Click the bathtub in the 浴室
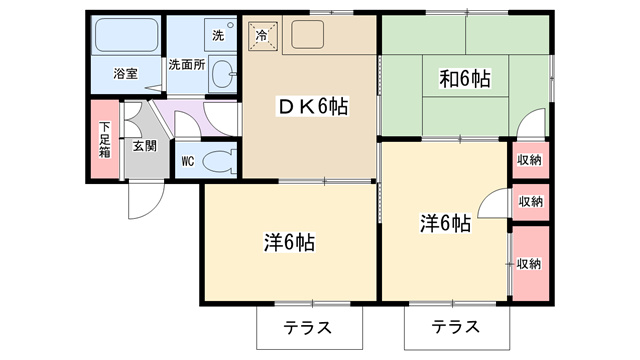point(126,35)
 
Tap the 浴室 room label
point(126,74)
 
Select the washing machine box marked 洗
point(220,35)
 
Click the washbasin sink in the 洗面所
point(223,74)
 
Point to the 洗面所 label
point(187,64)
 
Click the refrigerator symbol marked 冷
point(262,36)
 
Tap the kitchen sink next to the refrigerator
point(308,35)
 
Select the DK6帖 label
point(312,107)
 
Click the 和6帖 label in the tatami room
point(465,78)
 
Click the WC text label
point(188,162)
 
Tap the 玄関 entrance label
point(145,146)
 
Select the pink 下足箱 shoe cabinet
point(104,140)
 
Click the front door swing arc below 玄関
point(152,209)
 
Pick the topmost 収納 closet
point(530,160)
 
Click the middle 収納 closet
point(531,202)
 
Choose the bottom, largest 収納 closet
point(531,264)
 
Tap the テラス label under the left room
point(308,328)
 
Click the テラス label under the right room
point(456,327)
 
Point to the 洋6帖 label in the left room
point(289,242)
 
